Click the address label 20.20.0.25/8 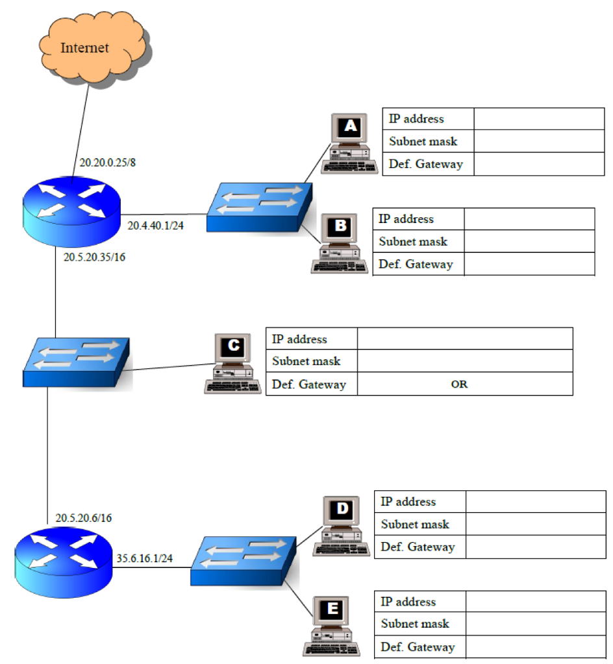pyautogui.click(x=107, y=162)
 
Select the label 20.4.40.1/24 pyautogui.click(x=156, y=226)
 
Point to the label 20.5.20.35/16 pyautogui.click(x=95, y=257)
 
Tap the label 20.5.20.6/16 pyautogui.click(x=84, y=517)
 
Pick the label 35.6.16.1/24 pyautogui.click(x=144, y=558)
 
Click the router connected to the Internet pyautogui.click(x=71, y=209)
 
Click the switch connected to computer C pyautogui.click(x=77, y=363)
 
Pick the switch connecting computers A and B pyautogui.click(x=259, y=207)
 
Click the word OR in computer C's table pyautogui.click(x=459, y=385)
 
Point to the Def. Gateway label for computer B pyautogui.click(x=416, y=265)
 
